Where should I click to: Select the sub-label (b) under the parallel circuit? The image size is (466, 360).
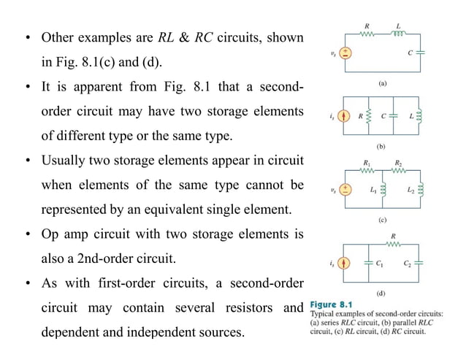tap(381, 145)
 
